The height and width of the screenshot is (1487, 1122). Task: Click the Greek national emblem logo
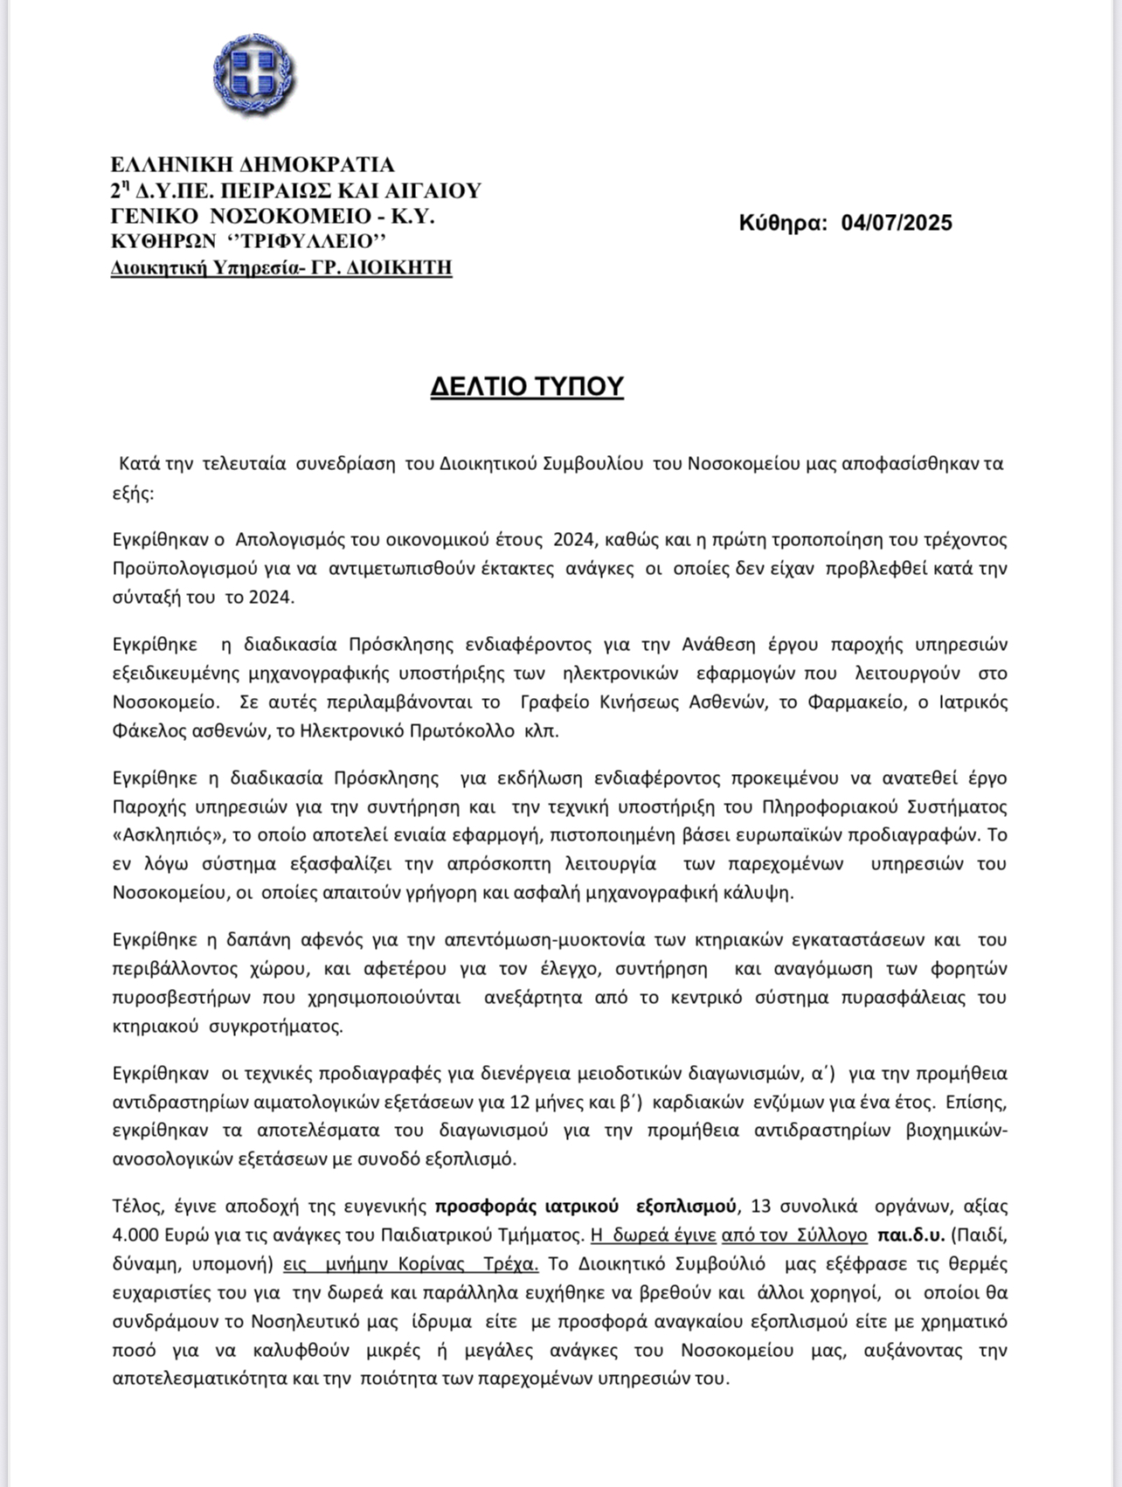(x=253, y=76)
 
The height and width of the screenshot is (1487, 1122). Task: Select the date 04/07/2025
(x=897, y=224)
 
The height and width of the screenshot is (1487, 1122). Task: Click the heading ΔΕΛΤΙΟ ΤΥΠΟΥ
(x=527, y=386)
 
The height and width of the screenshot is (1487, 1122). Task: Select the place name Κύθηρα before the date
(x=783, y=224)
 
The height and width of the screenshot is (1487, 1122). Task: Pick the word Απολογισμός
(x=290, y=539)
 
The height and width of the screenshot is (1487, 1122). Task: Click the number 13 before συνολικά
(x=760, y=1207)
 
